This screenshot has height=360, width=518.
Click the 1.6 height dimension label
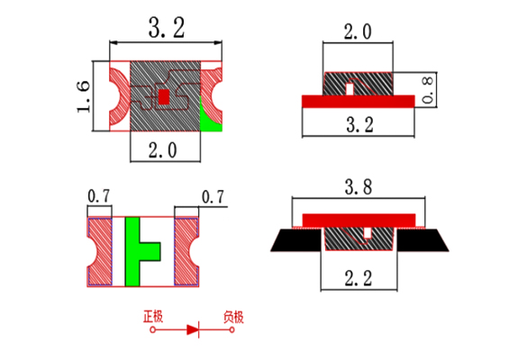coord(83,96)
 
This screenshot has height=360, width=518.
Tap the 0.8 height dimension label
coord(428,90)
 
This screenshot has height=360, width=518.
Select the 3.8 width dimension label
coord(359,187)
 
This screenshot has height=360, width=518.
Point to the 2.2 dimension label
coord(359,278)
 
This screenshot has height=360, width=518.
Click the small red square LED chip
coord(164,97)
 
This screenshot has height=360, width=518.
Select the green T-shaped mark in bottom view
coord(139,251)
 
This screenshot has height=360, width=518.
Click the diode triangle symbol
coord(193,329)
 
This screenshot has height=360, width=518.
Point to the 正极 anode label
coord(153,316)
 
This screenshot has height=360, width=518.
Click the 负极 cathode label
coord(233,317)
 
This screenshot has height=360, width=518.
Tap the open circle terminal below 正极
coord(152,329)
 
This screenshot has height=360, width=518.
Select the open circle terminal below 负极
coord(232,329)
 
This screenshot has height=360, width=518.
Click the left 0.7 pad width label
coord(99,196)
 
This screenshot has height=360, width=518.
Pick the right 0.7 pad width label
coord(213,197)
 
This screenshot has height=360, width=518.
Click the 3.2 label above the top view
coord(167,28)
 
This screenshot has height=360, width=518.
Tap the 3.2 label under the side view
coord(359,125)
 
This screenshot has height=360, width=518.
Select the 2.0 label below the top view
coord(162,150)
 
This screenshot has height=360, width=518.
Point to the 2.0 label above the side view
coord(358,32)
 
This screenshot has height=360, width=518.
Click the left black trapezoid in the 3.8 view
coord(296,240)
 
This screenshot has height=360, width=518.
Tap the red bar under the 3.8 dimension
coord(359,220)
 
